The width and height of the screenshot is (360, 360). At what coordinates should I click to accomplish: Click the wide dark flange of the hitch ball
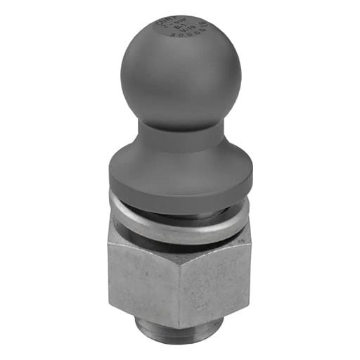point(181,176)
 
